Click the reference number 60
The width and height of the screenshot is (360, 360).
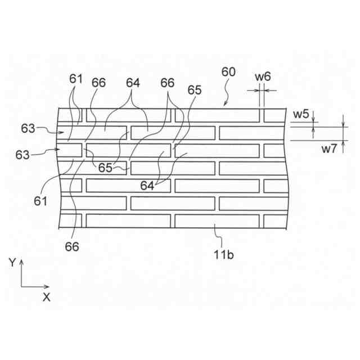(228, 73)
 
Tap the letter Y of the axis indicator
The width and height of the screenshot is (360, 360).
(12, 262)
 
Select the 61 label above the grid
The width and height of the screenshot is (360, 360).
(76, 79)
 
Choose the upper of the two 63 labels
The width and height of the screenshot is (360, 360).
(29, 128)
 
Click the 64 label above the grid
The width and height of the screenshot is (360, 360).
(133, 83)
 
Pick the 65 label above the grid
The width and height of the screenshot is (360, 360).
(194, 90)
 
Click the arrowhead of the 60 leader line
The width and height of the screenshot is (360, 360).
(224, 105)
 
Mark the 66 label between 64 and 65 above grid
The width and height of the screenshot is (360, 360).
(168, 83)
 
